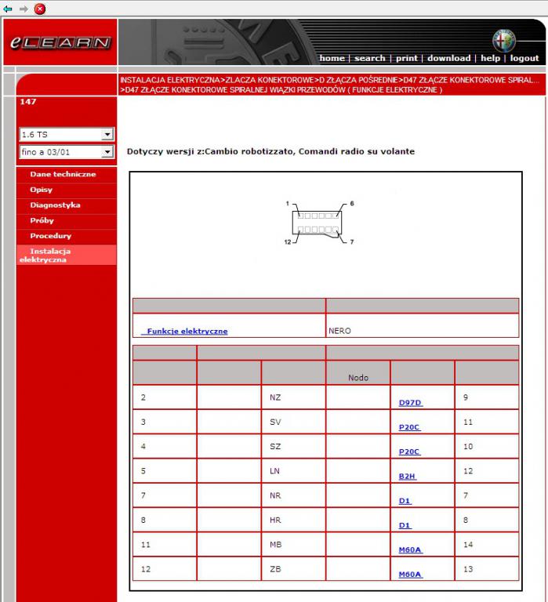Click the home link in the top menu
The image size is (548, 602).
tap(332, 58)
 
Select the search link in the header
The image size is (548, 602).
tap(369, 58)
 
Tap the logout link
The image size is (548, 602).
tap(524, 58)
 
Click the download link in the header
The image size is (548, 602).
tap(448, 58)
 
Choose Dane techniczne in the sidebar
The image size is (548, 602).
tap(63, 174)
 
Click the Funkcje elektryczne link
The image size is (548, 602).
tap(187, 332)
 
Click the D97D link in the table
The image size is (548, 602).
tap(410, 403)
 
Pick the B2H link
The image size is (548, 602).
tap(407, 476)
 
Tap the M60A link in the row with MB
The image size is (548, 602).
tap(410, 550)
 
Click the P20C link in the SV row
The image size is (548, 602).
tap(409, 427)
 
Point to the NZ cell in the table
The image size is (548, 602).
tap(275, 397)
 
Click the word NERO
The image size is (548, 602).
tap(340, 331)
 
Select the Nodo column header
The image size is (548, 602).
tap(357, 378)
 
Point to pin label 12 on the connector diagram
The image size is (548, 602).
tap(288, 241)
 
